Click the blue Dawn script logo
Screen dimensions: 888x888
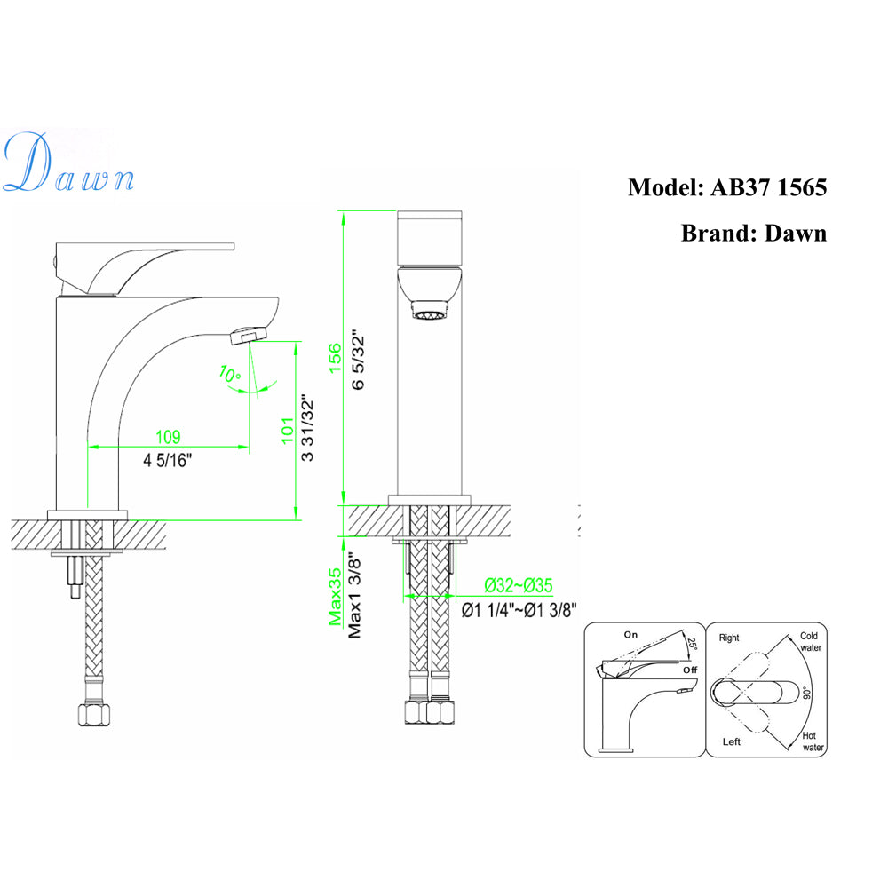[68, 164]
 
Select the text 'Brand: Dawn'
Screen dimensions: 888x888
[753, 233]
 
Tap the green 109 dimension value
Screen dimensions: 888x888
[168, 437]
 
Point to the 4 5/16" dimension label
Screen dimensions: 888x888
[168, 460]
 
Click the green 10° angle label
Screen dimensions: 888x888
[230, 376]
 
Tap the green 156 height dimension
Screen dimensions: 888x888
[335, 360]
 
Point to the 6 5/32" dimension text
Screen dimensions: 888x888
[358, 360]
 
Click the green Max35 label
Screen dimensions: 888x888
[335, 597]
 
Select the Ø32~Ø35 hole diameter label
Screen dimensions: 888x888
[519, 585]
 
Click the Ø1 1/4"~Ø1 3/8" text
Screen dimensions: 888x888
[520, 609]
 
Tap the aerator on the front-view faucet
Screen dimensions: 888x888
[429, 312]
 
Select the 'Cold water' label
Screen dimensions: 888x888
[809, 641]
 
